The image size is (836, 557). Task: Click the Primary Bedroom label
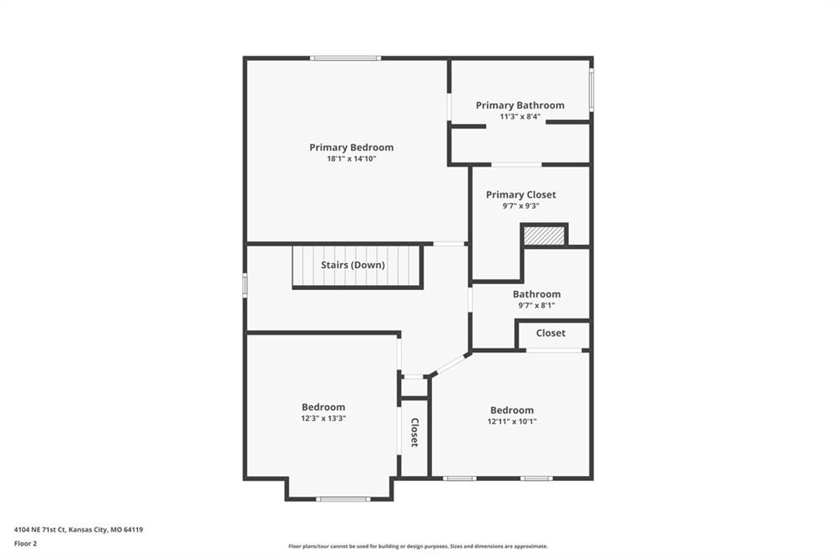click(351, 147)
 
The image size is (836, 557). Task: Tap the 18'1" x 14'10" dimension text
click(351, 158)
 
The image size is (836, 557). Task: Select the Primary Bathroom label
click(520, 105)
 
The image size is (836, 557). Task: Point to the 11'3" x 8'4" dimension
click(520, 116)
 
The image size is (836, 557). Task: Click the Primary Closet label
click(521, 194)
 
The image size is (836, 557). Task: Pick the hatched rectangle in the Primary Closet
click(544, 235)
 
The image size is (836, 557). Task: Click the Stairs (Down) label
click(353, 265)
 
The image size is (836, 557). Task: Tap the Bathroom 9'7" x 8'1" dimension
click(536, 305)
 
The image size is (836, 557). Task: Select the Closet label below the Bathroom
click(551, 333)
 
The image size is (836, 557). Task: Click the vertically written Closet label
click(414, 432)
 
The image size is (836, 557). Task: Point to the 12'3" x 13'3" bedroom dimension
click(323, 418)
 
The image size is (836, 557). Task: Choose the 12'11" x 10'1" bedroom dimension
click(512, 421)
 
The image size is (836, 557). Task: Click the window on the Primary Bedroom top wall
click(345, 58)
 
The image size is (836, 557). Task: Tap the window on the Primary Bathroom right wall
click(591, 90)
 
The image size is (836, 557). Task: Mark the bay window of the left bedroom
click(343, 499)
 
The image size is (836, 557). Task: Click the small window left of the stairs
click(245, 284)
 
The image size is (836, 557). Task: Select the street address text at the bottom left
click(78, 530)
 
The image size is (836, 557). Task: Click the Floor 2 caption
click(25, 544)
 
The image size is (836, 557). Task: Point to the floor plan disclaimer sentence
click(418, 546)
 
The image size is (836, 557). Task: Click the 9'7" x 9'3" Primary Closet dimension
click(521, 206)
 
